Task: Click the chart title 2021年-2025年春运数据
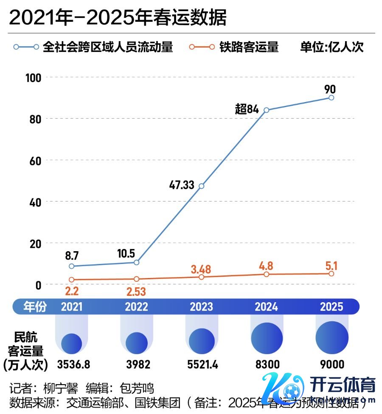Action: click(118, 17)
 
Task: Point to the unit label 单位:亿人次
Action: click(332, 47)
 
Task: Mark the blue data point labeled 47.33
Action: click(201, 186)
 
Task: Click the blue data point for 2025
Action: click(331, 98)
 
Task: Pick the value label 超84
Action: click(247, 109)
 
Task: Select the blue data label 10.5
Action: click(126, 254)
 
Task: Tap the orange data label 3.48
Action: click(201, 269)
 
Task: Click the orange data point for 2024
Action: click(266, 275)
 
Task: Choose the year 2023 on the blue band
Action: click(201, 306)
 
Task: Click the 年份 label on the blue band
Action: click(35, 306)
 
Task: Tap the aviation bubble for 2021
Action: click(71, 343)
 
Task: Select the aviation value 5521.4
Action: click(202, 365)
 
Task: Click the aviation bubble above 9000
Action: click(332, 337)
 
